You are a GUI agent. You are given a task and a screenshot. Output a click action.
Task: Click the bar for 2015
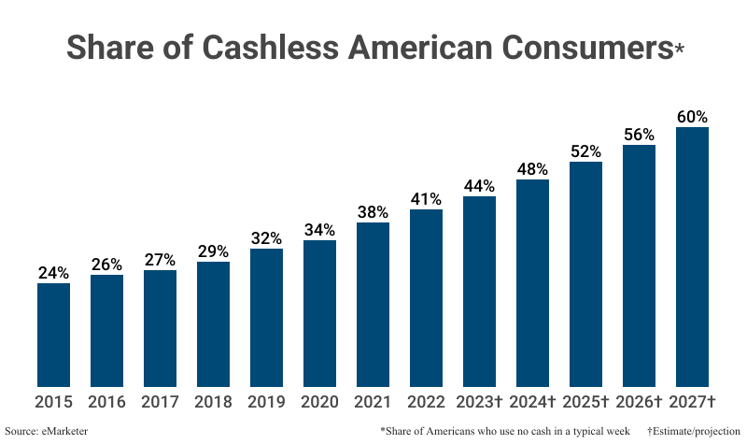53,335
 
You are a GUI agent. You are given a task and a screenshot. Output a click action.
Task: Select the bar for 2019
267,318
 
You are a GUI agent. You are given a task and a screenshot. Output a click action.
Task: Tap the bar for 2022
427,298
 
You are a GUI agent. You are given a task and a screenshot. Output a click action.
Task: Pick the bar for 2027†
693,257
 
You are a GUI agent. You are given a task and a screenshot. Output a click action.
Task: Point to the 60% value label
693,117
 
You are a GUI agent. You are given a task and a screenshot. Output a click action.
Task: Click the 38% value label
373,212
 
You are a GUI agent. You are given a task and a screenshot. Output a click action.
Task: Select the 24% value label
53,273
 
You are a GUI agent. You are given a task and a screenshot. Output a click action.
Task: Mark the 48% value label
533,169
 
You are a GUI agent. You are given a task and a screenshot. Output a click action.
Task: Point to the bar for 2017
160,328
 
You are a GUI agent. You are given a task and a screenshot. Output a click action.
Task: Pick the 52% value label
586,151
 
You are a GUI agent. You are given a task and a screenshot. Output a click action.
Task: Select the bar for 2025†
586,274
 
